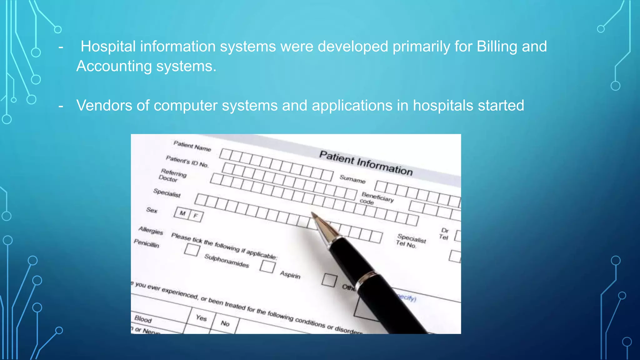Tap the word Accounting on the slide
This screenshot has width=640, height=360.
click(x=114, y=66)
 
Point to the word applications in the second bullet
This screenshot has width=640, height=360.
click(x=352, y=106)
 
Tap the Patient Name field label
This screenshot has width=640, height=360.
click(x=192, y=146)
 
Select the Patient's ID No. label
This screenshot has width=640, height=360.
click(x=187, y=161)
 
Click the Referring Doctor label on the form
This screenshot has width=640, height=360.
click(x=172, y=175)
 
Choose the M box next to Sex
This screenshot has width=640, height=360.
click(x=182, y=213)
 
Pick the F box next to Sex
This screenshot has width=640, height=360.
click(x=196, y=216)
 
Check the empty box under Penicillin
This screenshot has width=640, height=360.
click(x=192, y=250)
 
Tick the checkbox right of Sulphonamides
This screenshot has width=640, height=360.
click(x=267, y=267)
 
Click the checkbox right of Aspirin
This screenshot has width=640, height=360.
click(x=329, y=280)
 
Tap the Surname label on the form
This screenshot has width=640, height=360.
click(x=352, y=179)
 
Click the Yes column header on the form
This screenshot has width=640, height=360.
click(x=201, y=318)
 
